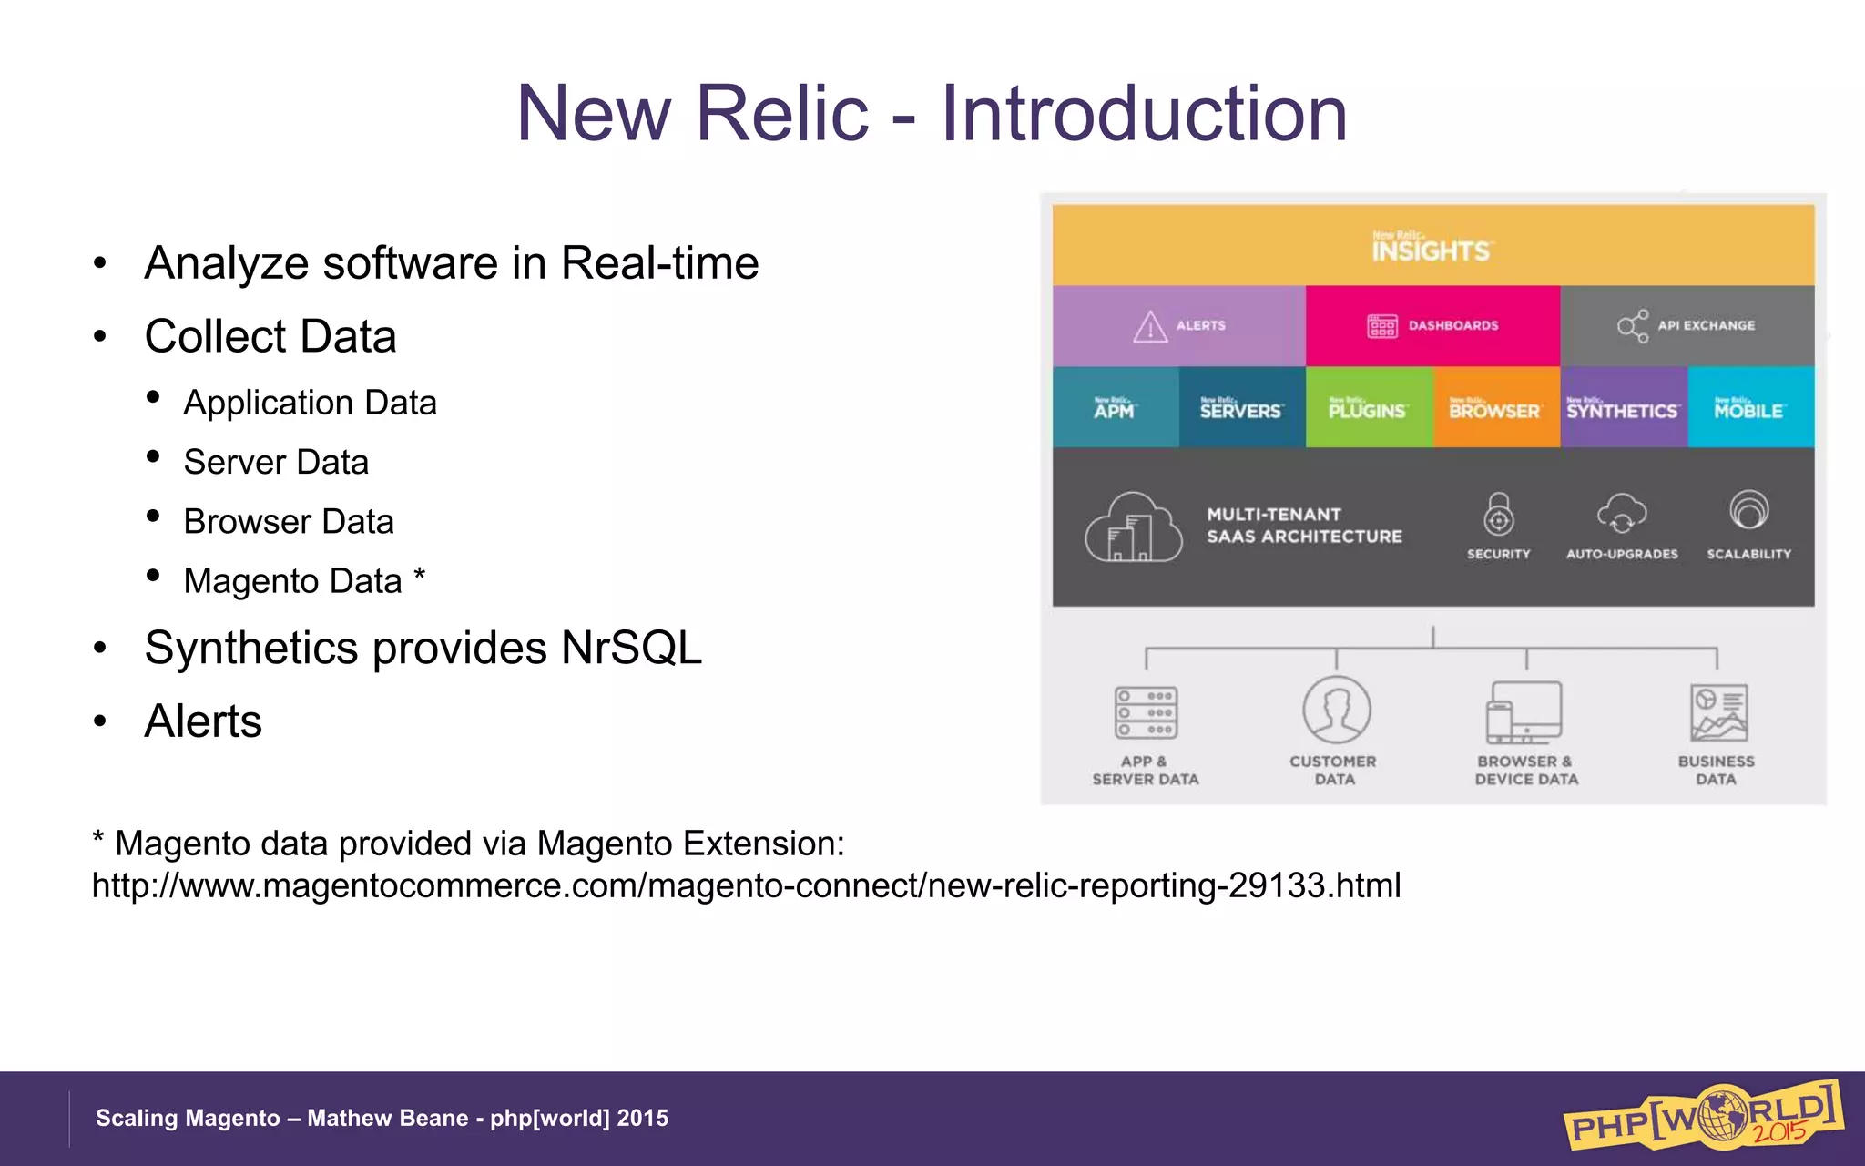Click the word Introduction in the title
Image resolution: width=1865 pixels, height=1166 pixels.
pos(1143,114)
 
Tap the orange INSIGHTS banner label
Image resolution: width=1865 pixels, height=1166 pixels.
pos(1431,247)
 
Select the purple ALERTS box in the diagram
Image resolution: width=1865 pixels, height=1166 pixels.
pos(1179,325)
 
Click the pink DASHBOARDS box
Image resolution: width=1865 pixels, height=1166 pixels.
pos(1432,325)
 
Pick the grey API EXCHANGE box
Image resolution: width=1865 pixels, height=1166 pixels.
pos(1687,325)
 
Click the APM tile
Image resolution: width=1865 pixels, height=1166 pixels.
pos(1115,408)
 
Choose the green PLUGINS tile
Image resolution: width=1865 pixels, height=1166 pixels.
pos(1368,408)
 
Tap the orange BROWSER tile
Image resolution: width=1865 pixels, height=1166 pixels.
pos(1494,408)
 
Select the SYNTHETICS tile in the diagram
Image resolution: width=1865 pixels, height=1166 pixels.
pos(1622,408)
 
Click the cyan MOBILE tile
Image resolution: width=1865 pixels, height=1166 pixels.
pos(1748,408)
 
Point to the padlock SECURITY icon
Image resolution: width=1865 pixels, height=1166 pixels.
pos(1499,515)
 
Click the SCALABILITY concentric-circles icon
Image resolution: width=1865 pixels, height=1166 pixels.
pos(1748,510)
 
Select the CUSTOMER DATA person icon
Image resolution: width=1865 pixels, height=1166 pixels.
pos(1336,711)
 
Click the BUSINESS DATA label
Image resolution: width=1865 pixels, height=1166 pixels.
pos(1716,770)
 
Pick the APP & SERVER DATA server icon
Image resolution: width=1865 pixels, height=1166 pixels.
pos(1146,712)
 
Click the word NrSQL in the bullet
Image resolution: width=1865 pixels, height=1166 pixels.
pos(631,649)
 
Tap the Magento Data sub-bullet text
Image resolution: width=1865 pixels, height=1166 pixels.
pos(292,581)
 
